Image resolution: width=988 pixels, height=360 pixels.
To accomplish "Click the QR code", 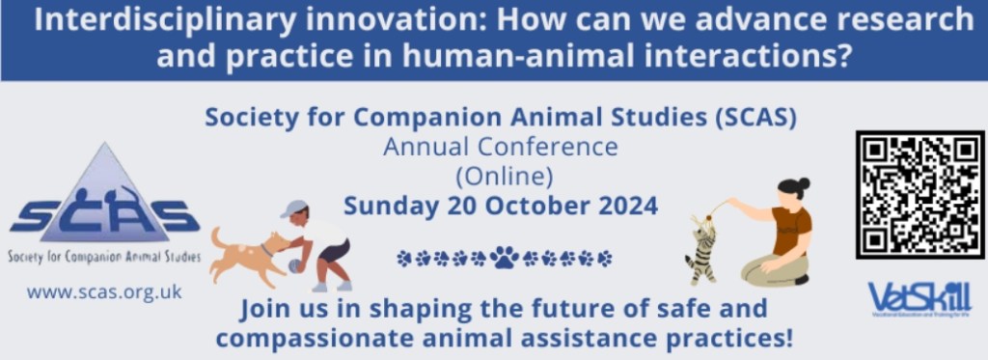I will (x=919, y=195).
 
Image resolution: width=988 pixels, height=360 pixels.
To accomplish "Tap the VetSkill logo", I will (x=919, y=296).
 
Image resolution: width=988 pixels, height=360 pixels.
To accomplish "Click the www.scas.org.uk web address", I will (x=104, y=291).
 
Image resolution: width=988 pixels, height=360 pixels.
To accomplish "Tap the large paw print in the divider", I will (x=504, y=258).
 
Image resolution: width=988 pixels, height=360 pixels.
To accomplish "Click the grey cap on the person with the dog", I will (x=293, y=208).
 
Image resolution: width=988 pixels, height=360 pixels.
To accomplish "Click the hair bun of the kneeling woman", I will (x=803, y=183).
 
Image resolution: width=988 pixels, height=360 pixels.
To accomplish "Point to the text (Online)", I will (x=501, y=177).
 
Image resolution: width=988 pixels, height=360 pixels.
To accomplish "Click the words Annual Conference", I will (x=500, y=148).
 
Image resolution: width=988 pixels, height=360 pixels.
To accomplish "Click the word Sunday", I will (x=391, y=206).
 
